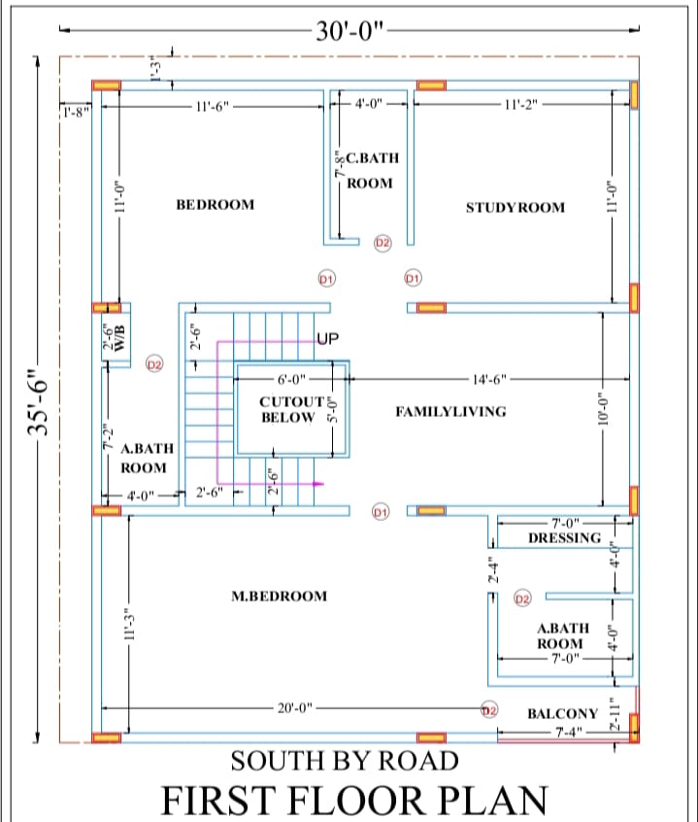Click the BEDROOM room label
pyautogui.click(x=215, y=204)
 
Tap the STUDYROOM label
pyautogui.click(x=515, y=207)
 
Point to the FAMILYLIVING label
pyautogui.click(x=450, y=411)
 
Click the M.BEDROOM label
pyautogui.click(x=279, y=596)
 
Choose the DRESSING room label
pyautogui.click(x=564, y=537)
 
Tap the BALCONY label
pyautogui.click(x=562, y=713)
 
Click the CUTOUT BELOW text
pyautogui.click(x=289, y=409)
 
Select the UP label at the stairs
pyautogui.click(x=327, y=339)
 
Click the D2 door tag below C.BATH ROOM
pyautogui.click(x=382, y=242)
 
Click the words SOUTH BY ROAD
pyautogui.click(x=344, y=759)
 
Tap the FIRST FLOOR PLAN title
pyautogui.click(x=353, y=800)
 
